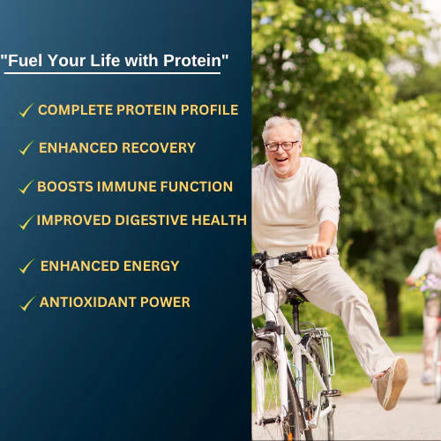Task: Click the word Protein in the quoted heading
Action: (192, 61)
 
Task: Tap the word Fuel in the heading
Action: (26, 61)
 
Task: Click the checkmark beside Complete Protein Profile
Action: (26, 110)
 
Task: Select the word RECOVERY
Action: (159, 148)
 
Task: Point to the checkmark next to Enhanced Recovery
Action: (26, 147)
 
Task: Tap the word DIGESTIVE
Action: (151, 220)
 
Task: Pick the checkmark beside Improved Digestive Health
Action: (26, 222)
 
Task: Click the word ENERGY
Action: (151, 266)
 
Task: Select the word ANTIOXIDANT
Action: (88, 303)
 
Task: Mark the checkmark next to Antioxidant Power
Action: (27, 303)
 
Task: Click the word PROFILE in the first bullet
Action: (209, 110)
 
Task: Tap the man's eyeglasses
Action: (281, 146)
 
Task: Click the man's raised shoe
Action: (392, 384)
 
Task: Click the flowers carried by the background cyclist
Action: (429, 285)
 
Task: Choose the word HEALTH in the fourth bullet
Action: (220, 220)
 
